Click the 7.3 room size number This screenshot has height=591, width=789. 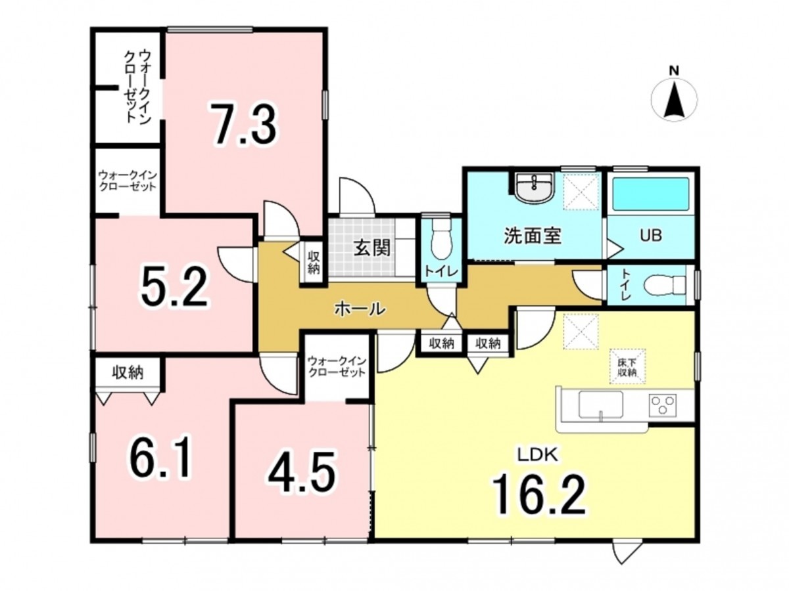(x=244, y=123)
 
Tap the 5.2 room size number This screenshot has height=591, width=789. (x=174, y=286)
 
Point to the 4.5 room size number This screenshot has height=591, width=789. (x=301, y=472)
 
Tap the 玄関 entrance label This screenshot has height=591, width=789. (x=371, y=248)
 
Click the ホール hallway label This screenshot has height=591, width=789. (x=360, y=309)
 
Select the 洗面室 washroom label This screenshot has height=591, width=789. (x=533, y=236)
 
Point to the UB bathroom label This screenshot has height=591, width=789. (x=651, y=236)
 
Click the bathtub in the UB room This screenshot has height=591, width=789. (x=650, y=194)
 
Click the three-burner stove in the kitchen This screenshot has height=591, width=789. (x=661, y=405)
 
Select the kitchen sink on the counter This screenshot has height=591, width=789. (x=601, y=405)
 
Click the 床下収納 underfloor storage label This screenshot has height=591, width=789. (x=627, y=368)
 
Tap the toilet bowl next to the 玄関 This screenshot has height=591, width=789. (x=441, y=239)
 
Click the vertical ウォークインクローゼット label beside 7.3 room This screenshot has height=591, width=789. (x=137, y=87)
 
